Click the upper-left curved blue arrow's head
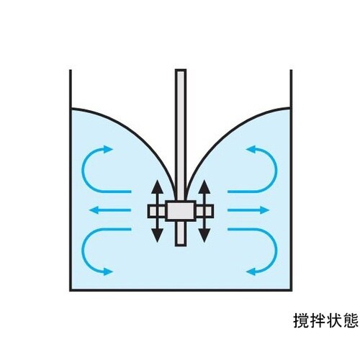[108, 149]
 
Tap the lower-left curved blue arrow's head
[108, 271]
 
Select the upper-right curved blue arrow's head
[251, 149]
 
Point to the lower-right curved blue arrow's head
[251, 271]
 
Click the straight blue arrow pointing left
[110, 210]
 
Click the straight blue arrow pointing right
[248, 210]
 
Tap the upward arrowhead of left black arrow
[157, 186]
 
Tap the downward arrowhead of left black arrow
[157, 235]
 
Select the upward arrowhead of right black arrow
[204, 186]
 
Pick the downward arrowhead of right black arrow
[204, 235]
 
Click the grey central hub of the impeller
[181, 211]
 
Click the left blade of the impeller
[156, 211]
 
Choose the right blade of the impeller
[204, 211]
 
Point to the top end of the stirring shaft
[181, 71]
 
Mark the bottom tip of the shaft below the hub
[181, 245]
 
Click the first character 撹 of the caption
[302, 320]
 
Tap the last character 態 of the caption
[351, 320]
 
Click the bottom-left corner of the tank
[71, 290]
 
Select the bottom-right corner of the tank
[291, 290]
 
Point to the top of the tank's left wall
[71, 70]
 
